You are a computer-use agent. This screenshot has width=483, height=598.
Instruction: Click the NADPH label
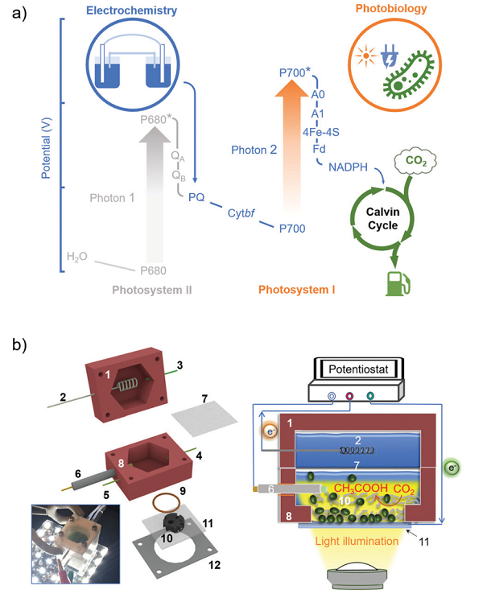point(349,167)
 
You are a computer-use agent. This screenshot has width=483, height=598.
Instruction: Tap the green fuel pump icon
point(398,283)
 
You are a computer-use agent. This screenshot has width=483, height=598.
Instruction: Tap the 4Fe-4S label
point(320,132)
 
